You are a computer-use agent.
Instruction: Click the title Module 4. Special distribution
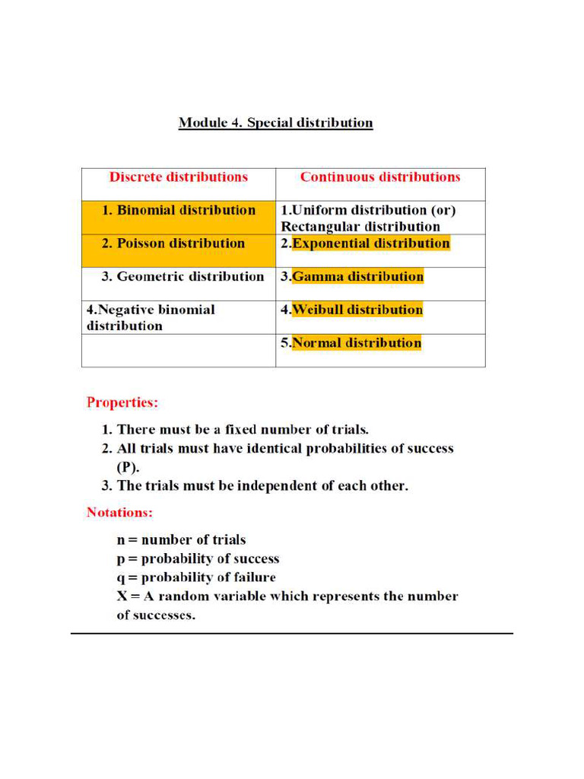click(275, 122)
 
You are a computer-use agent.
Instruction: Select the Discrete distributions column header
click(179, 177)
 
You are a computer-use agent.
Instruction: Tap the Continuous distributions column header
click(380, 177)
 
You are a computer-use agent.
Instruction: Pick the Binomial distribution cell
click(179, 210)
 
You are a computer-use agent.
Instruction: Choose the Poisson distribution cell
click(179, 243)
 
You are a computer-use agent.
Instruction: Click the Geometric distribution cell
click(182, 276)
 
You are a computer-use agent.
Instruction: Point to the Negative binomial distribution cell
click(151, 317)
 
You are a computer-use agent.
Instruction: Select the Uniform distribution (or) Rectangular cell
click(369, 218)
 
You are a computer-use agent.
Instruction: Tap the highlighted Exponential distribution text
click(370, 243)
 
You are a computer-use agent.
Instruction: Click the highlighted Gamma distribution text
click(357, 276)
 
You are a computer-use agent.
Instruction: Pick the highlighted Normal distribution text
click(357, 342)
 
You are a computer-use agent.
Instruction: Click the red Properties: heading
click(123, 401)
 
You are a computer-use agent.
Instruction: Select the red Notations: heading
click(120, 512)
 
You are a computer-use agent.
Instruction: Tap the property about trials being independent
click(255, 486)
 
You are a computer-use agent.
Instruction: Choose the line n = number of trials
click(181, 539)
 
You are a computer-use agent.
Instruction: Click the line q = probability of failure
click(196, 577)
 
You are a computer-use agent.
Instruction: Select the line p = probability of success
click(198, 558)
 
